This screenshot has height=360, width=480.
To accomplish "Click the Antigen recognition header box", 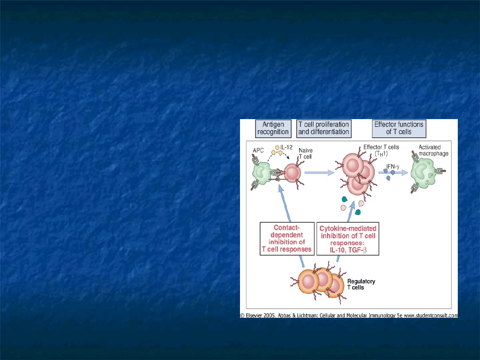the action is pos(273,128).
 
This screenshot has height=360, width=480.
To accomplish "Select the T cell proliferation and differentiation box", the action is pos(324,128).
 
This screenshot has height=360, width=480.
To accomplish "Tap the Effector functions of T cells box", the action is pos(399,128).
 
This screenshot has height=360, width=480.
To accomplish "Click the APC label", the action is pos(258,151).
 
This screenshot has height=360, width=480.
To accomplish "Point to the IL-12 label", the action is pos(286,147).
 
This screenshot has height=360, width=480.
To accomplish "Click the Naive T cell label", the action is pos(305,153).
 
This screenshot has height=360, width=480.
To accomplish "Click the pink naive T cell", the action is pos(292,173).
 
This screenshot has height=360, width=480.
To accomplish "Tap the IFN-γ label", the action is pos(393,167).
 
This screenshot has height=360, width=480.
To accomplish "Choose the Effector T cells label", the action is pos(381,150).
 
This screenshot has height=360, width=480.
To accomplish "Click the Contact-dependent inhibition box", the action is pos(287,239).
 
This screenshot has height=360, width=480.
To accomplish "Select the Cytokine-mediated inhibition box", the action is pos(348,239).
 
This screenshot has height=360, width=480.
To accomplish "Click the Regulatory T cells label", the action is pos(361,284).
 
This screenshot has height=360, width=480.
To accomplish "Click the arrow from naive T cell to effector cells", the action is pos(319,172).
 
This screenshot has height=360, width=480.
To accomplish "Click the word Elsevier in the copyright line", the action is pos(254,316).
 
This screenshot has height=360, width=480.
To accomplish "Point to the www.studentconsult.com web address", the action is pos(431,316).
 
